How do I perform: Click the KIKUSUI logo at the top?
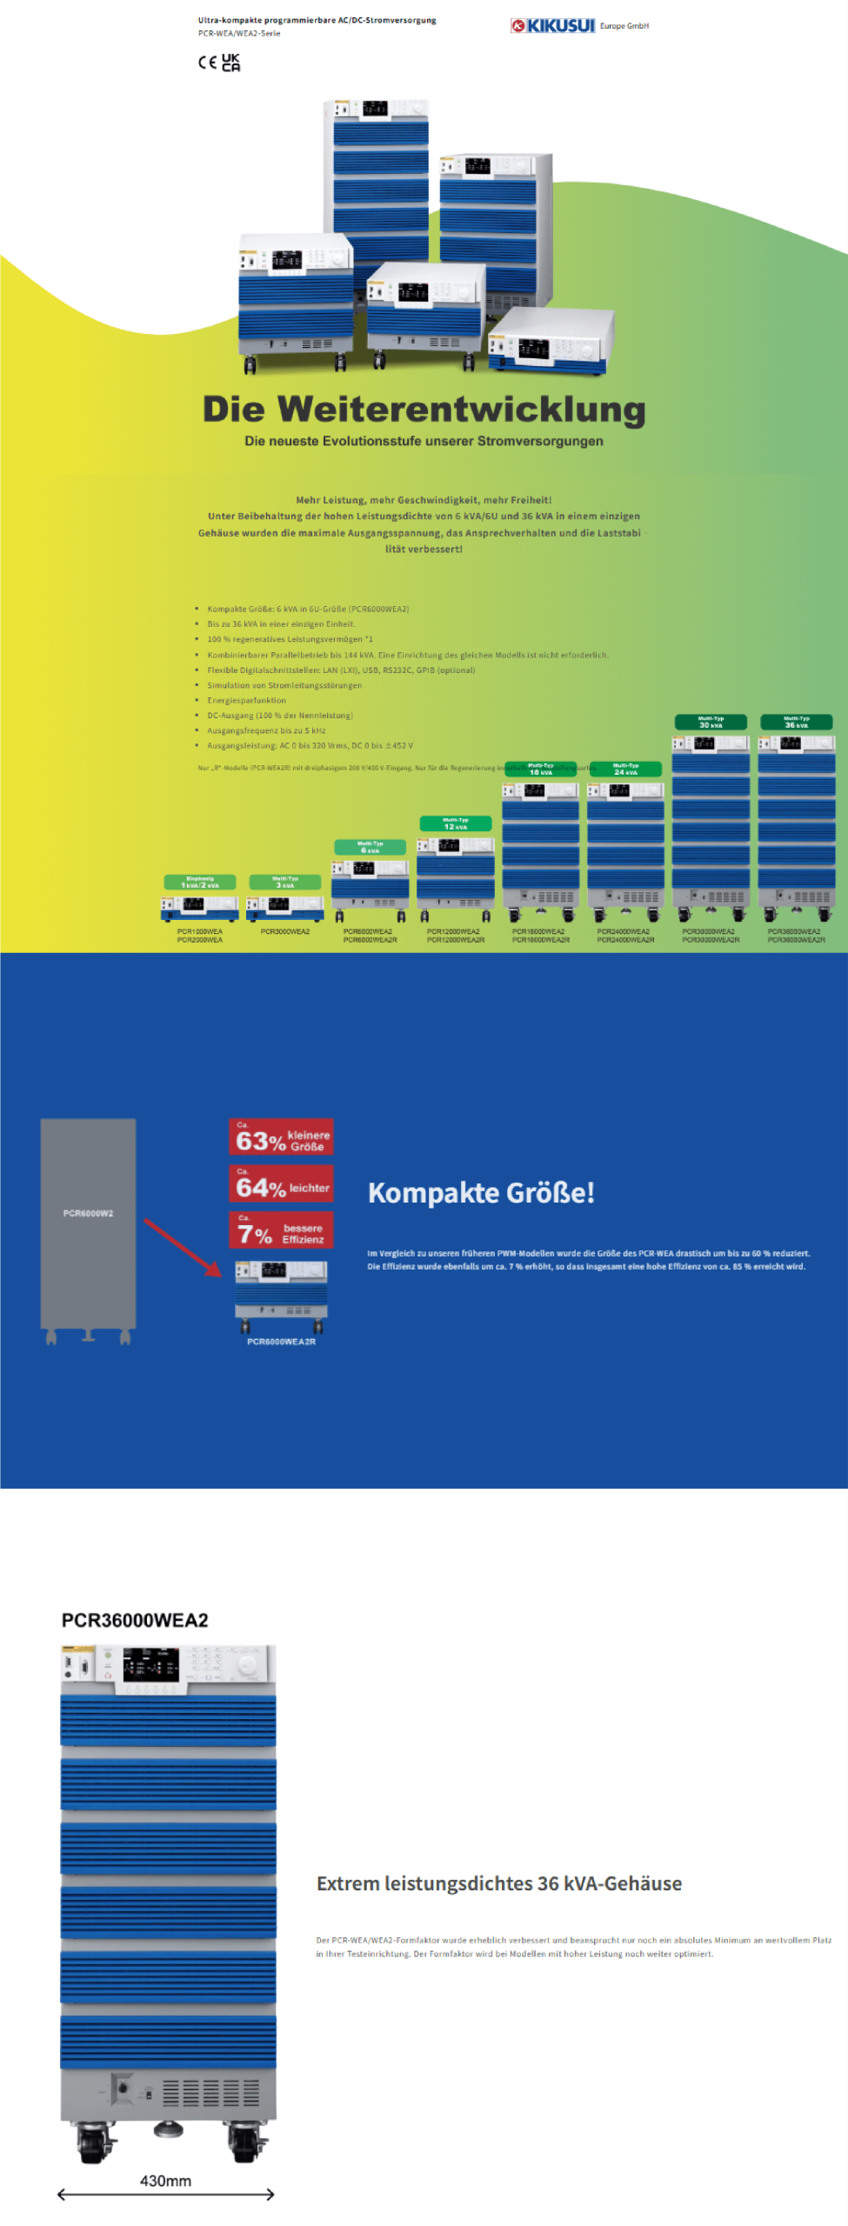[553, 26]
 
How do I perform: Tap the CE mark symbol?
[207, 63]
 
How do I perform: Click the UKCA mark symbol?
[230, 63]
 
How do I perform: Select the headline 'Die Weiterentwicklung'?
[424, 410]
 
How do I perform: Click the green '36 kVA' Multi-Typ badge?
[796, 722]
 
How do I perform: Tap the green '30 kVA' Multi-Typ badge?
[711, 722]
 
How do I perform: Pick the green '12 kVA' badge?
[455, 823]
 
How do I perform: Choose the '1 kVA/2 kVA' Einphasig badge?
[199, 882]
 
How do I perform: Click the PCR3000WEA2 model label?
[285, 931]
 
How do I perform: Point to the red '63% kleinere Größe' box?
[281, 1136]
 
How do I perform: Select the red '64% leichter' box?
[281, 1183]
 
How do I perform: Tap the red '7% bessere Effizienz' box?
[281, 1230]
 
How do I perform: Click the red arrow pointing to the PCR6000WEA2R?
[183, 1247]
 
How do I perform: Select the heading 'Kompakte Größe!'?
[481, 1192]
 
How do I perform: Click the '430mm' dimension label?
[165, 2181]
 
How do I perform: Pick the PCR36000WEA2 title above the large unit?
[135, 1620]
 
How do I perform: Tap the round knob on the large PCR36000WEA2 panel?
[248, 1663]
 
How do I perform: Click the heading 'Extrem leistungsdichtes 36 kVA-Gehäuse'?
[498, 1883]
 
